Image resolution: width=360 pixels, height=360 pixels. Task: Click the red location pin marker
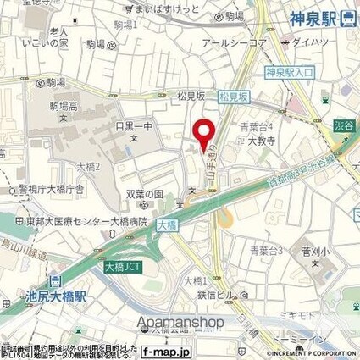coord(202,135)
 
